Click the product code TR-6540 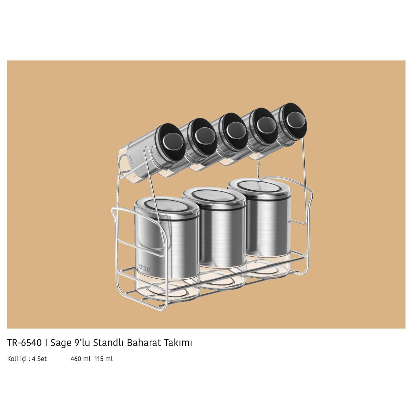(24, 343)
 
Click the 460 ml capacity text (81, 359)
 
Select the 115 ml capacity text (104, 359)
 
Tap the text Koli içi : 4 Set (27, 359)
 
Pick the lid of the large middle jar (214, 197)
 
